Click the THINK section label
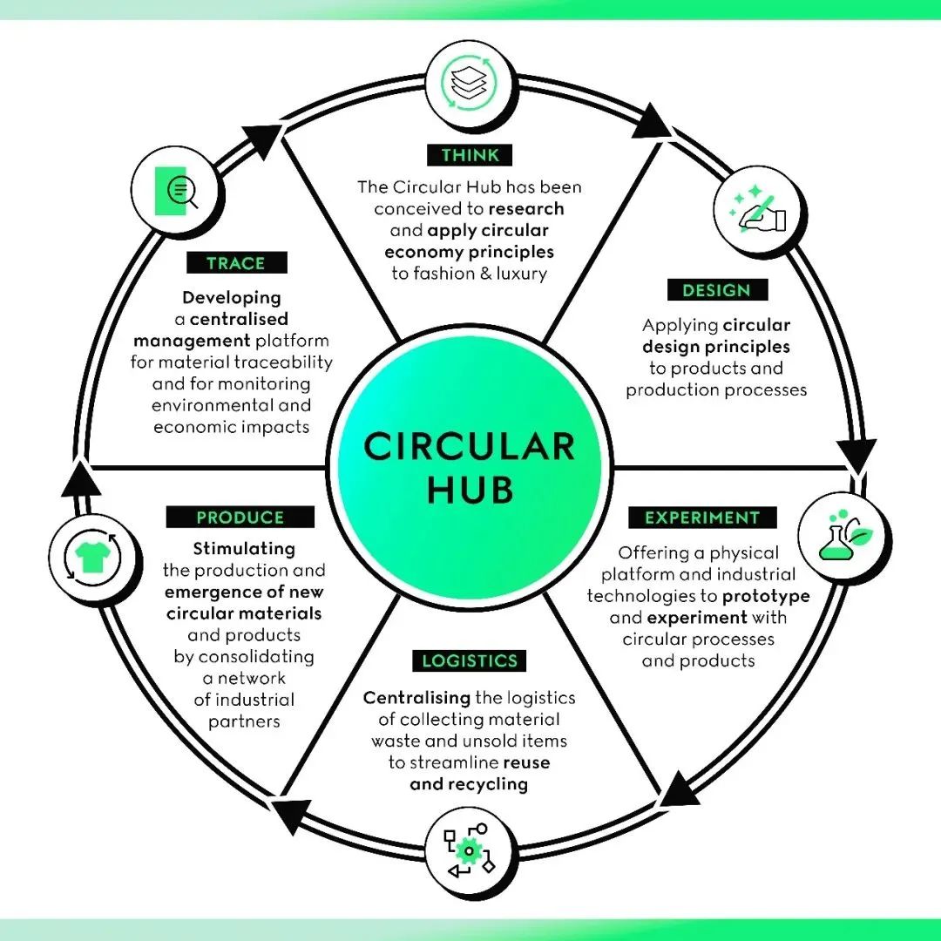point(470,156)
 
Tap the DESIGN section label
point(717,290)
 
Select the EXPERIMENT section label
point(701,518)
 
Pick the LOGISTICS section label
point(470,660)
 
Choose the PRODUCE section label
point(240,518)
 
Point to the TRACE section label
point(236,263)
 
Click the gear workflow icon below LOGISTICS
point(470,850)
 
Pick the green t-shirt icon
point(91,558)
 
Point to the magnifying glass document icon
point(173,192)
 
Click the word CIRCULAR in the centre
point(470,447)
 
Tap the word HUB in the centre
point(470,491)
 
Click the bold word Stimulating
point(244,549)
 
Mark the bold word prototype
point(766,596)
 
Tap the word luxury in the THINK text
point(518,273)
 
